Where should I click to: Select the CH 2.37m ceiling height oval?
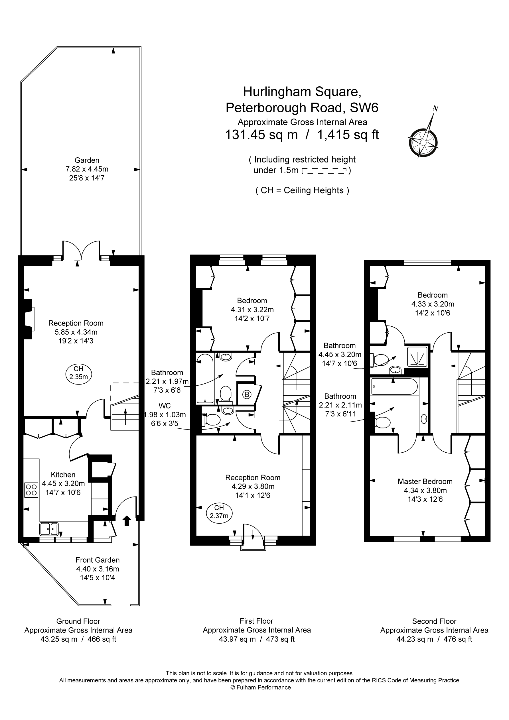(219, 512)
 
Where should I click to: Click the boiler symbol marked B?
(247, 394)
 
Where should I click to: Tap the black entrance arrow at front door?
(127, 520)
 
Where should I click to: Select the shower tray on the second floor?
(417, 357)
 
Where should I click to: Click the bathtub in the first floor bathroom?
(205, 379)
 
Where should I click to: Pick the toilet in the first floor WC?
(212, 420)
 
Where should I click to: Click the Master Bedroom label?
(425, 481)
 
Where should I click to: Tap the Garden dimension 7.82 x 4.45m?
(87, 169)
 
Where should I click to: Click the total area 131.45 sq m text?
(261, 135)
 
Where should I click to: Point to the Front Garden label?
(98, 560)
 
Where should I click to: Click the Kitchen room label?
(63, 475)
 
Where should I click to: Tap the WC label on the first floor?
(165, 406)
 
